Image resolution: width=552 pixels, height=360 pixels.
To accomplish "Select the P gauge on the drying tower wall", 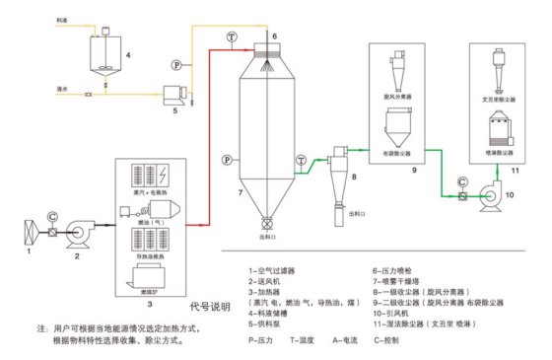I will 227,158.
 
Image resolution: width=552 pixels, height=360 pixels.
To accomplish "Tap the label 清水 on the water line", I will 64,89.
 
